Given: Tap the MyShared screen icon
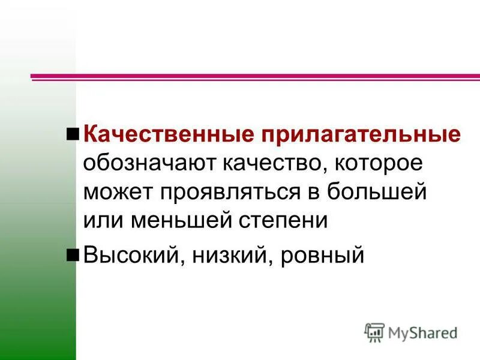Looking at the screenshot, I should [x=375, y=332].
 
